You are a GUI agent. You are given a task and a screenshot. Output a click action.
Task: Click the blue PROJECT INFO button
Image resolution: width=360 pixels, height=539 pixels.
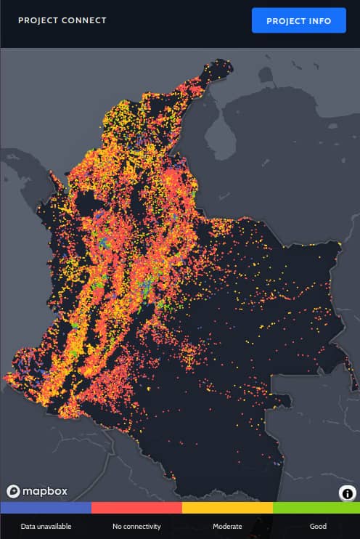click(299, 20)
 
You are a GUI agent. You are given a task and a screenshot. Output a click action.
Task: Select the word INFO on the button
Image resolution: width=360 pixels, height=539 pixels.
click(319, 21)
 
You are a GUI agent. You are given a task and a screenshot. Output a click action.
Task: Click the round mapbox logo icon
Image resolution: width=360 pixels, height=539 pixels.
click(13, 491)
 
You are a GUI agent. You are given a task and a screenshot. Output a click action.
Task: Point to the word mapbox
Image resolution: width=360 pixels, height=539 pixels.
click(44, 491)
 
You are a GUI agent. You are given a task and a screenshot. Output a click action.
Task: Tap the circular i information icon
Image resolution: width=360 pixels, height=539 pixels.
click(347, 493)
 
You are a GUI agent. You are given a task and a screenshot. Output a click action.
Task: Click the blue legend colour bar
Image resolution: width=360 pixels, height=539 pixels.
click(46, 508)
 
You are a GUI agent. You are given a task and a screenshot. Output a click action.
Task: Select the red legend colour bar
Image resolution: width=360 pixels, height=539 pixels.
click(136, 508)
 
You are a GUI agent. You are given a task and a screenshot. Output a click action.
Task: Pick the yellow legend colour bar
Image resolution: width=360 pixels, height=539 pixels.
click(227, 508)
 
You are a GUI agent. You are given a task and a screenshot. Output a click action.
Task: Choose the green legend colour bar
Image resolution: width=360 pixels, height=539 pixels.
click(316, 508)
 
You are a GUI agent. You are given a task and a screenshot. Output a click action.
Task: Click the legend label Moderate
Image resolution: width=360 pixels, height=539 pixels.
click(227, 526)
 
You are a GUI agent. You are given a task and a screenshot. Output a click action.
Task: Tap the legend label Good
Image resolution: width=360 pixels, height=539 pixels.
click(317, 526)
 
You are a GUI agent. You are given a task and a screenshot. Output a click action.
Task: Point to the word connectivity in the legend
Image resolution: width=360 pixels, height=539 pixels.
click(142, 526)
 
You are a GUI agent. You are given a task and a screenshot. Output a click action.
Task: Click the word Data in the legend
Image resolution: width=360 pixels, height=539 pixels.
click(28, 526)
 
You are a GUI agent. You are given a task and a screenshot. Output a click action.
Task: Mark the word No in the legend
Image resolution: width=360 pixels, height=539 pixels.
click(118, 526)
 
